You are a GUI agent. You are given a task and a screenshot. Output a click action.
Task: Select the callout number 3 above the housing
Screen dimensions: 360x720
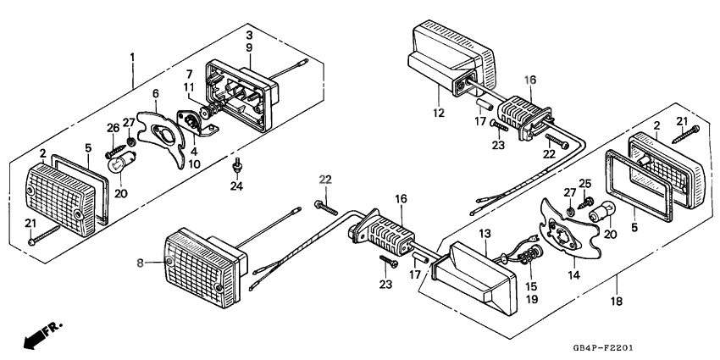[250, 35]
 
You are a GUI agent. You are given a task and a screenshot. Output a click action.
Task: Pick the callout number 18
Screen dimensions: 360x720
[617, 302]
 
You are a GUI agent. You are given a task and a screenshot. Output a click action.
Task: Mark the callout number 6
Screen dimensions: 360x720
[155, 93]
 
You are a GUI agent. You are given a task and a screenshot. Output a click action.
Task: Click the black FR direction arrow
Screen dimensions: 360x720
[34, 338]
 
